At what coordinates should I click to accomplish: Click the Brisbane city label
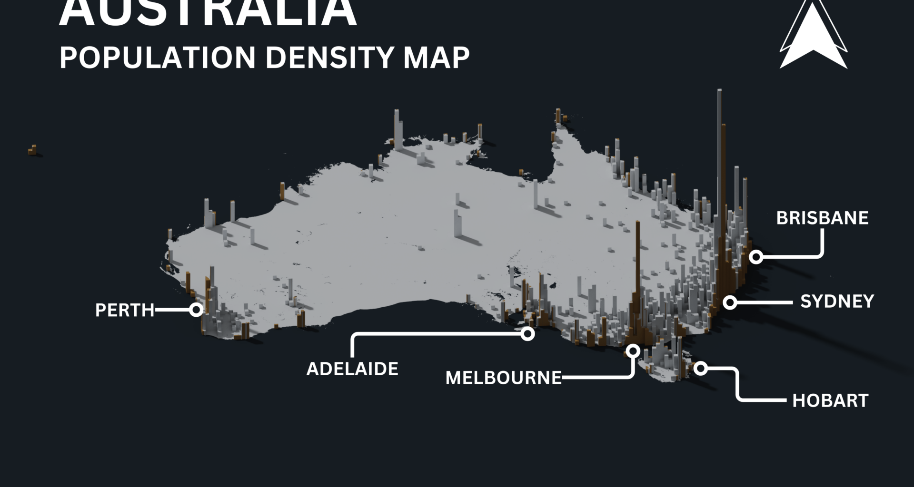click(x=822, y=218)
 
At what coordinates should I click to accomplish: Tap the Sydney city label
click(x=837, y=302)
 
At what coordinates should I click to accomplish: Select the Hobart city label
click(x=830, y=400)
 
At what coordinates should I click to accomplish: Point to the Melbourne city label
click(x=503, y=378)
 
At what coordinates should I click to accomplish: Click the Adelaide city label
click(x=352, y=369)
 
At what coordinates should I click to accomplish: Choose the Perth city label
click(x=125, y=310)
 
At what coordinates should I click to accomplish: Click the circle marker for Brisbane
click(x=756, y=257)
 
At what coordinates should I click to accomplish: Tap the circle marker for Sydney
click(x=730, y=302)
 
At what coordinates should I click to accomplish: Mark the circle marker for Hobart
click(x=701, y=368)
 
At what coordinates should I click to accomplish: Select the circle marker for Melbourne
click(x=633, y=351)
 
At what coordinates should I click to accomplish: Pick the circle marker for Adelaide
click(x=527, y=334)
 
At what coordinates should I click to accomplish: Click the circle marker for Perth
click(x=196, y=310)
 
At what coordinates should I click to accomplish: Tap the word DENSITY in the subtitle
click(x=329, y=58)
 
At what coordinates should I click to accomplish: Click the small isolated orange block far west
click(x=32, y=150)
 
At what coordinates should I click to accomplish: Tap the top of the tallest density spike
click(x=719, y=91)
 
